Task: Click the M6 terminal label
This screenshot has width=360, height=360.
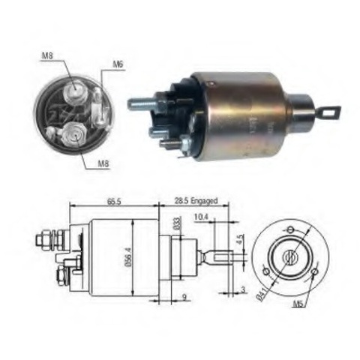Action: (118, 64)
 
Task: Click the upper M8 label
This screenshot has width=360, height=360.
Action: (47, 55)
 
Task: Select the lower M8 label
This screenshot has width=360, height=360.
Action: (103, 163)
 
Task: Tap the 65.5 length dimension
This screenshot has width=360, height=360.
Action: (114, 201)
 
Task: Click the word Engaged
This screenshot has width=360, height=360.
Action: (204, 201)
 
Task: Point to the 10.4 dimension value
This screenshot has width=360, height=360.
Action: (201, 217)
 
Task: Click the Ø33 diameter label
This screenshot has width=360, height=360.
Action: (177, 223)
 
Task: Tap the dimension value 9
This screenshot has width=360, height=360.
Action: (184, 297)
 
